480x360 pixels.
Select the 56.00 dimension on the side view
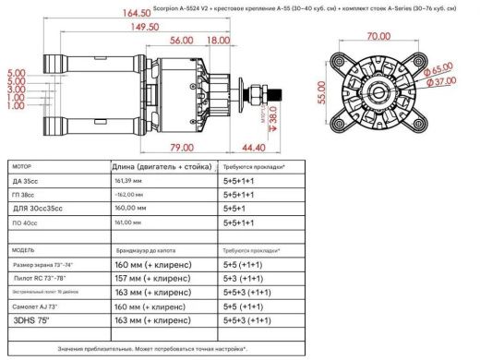(x=181, y=41)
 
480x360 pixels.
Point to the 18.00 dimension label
(x=219, y=41)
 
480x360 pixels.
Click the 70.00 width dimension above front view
(x=377, y=38)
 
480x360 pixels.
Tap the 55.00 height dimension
(x=321, y=92)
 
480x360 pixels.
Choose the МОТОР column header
(x=20, y=166)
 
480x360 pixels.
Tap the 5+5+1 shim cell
(x=240, y=209)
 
